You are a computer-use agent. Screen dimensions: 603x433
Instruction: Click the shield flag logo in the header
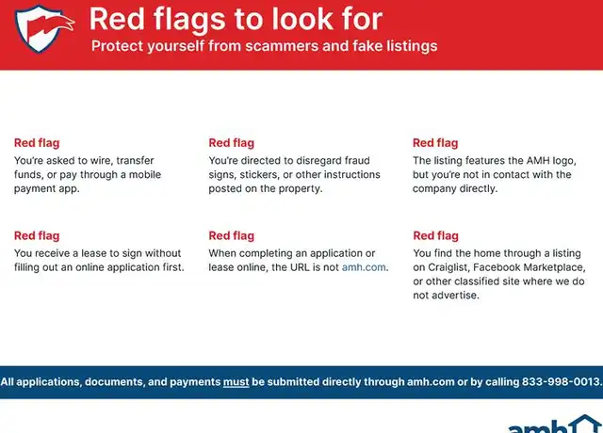(x=44, y=28)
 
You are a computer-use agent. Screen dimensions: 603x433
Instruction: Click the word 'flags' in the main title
(x=188, y=20)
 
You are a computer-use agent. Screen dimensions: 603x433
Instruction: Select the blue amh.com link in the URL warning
(x=364, y=267)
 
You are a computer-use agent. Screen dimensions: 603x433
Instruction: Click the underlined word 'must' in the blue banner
(x=236, y=382)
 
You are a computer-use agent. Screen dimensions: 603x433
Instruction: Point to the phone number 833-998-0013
(x=562, y=382)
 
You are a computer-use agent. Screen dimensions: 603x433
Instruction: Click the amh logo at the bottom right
(x=555, y=425)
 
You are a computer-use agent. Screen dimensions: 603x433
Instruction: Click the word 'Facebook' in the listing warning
(x=497, y=267)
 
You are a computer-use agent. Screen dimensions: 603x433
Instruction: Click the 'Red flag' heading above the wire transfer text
(x=37, y=143)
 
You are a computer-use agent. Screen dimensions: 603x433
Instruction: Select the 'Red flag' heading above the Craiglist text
(x=435, y=235)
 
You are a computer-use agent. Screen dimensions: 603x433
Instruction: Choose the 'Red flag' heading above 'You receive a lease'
(x=37, y=235)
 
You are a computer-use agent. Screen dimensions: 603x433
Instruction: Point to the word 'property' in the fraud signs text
(x=303, y=188)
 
